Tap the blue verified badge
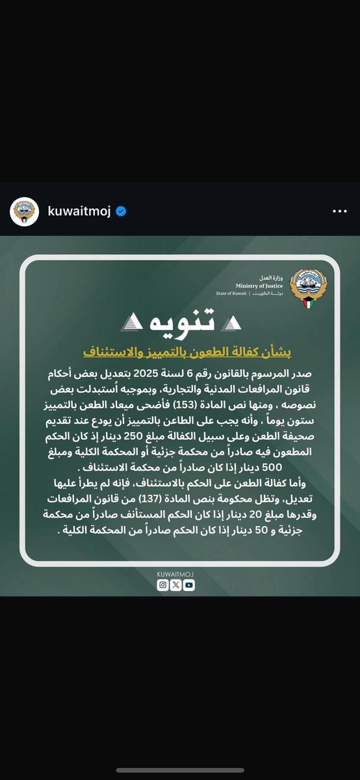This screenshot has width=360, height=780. tap(121, 212)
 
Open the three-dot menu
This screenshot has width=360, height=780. tap(340, 212)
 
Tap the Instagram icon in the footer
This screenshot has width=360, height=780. tap(164, 585)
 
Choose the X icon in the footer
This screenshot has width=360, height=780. tap(176, 585)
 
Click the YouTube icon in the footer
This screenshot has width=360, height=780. tap(188, 585)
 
